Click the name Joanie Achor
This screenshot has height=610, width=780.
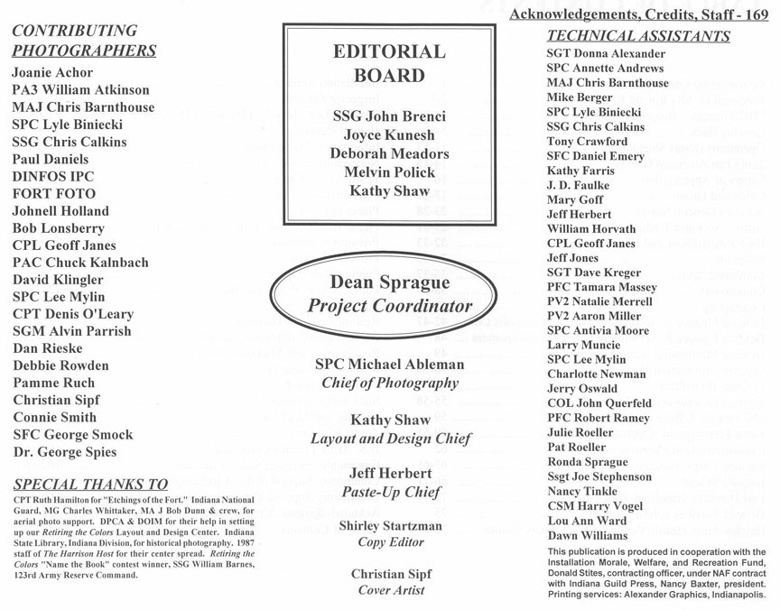click(x=51, y=73)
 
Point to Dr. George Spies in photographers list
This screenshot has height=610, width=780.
click(x=65, y=452)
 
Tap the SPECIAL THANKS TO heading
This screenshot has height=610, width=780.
click(x=90, y=483)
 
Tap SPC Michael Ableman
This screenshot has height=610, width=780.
click(x=391, y=365)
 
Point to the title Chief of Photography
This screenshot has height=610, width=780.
click(x=391, y=384)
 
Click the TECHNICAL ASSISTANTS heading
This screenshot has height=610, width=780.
click(x=638, y=37)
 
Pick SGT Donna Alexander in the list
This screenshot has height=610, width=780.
click(x=606, y=54)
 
